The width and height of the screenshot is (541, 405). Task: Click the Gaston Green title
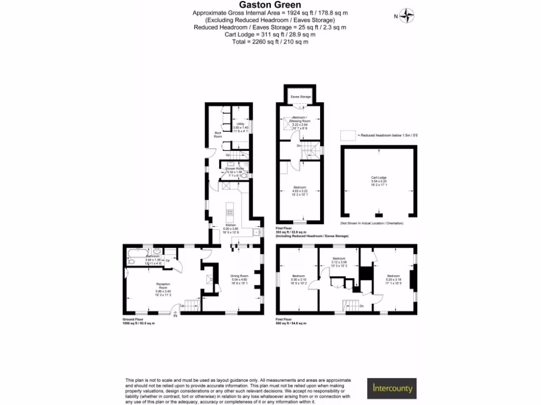pyautogui.click(x=270, y=5)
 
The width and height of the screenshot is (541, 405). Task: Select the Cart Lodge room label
pyautogui.click(x=379, y=181)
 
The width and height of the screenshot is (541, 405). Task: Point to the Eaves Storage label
pyautogui.click(x=300, y=97)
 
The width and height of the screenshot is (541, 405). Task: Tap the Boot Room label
pyautogui.click(x=218, y=134)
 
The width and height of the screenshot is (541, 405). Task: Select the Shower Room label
pyautogui.click(x=234, y=170)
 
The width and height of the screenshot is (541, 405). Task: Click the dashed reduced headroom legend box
pyautogui.click(x=348, y=136)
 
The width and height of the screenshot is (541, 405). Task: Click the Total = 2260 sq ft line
pyautogui.click(x=270, y=42)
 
